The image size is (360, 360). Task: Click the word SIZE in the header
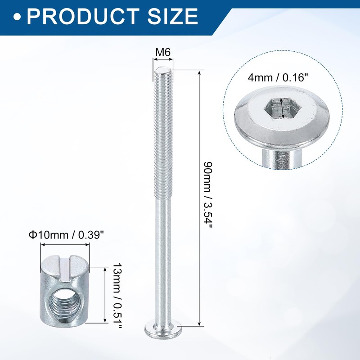173,16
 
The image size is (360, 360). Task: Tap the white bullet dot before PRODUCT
17,17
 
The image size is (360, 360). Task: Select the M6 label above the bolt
163,53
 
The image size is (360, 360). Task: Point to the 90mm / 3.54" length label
208,195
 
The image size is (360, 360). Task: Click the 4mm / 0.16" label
278,78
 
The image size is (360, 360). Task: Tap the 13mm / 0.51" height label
117,296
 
